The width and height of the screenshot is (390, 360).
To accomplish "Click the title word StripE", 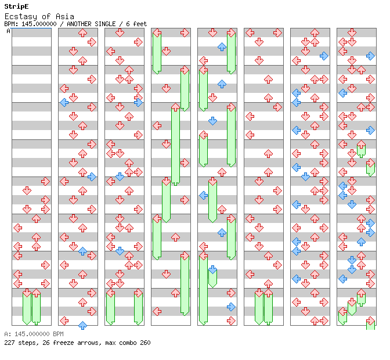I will pyautogui.click(x=16, y=6).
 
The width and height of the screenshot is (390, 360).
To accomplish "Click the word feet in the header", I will pyautogui.click(x=140, y=24).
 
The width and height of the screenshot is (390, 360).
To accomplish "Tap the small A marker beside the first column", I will pyautogui.click(x=8, y=31).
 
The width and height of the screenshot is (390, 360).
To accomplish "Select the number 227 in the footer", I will pyautogui.click(x=9, y=343).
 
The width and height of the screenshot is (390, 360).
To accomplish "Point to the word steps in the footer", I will pyautogui.click(x=26, y=343).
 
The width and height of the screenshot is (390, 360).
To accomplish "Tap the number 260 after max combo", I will pyautogui.click(x=145, y=343).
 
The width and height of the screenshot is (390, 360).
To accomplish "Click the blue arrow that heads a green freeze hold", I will pyautogui.click(x=212, y=269).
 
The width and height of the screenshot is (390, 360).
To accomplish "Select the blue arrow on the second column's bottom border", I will pyautogui.click(x=82, y=325).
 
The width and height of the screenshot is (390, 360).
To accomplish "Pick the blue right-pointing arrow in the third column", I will pyautogui.click(x=138, y=102).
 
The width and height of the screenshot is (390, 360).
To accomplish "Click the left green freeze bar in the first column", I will pyautogui.click(x=27, y=308).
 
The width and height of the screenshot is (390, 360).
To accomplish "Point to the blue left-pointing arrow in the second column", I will pyautogui.click(x=64, y=102).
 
